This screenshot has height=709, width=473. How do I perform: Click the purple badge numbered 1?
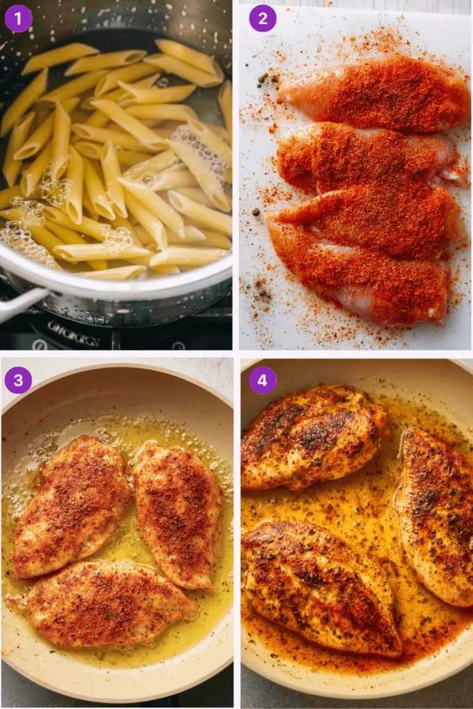tap(18, 18)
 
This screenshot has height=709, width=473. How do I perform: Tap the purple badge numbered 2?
tap(262, 18)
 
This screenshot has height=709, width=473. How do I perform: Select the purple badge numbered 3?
tap(18, 380)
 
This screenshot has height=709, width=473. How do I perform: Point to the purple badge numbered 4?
tap(262, 380)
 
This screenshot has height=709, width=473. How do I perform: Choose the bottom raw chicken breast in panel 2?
tap(360, 273)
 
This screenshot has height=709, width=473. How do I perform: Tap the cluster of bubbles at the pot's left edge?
tap(24, 239)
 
